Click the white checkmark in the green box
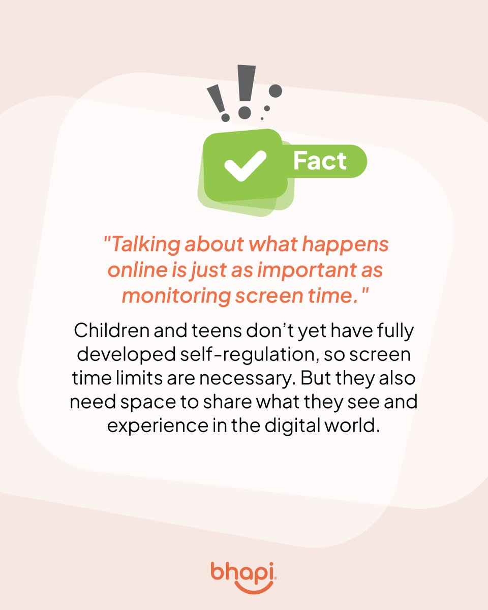tap(246, 166)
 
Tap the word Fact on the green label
tap(320, 161)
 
